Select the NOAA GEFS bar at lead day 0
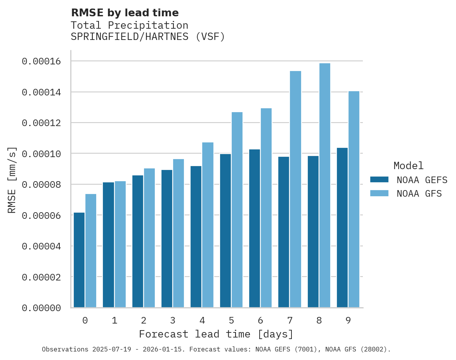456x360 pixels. tap(79, 260)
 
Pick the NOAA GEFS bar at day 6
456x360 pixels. tap(255, 228)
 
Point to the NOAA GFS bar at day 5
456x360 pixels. tap(237, 210)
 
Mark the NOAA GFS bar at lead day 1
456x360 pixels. tap(120, 244)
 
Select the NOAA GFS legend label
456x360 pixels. tap(419, 193)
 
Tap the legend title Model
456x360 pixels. tap(408, 166)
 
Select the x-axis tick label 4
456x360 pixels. tap(202, 321)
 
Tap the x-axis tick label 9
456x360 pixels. tap(348, 321)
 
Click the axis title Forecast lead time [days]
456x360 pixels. tap(216, 334)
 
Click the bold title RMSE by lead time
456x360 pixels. tap(125, 13)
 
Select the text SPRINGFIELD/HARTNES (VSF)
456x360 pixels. tap(148, 37)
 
